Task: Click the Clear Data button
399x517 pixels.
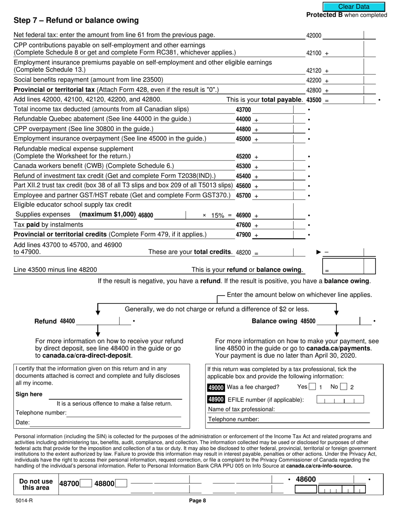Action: [x=354, y=7]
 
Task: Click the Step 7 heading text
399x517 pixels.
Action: [x=76, y=21]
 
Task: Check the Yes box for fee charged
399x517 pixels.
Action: [x=312, y=387]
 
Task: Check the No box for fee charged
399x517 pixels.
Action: [x=344, y=387]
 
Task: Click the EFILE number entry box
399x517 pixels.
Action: [x=340, y=400]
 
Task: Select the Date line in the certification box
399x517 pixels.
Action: [x=105, y=422]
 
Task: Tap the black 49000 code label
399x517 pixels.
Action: [x=216, y=388]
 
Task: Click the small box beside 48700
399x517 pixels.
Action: [x=86, y=484]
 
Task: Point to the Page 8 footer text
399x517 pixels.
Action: [x=197, y=501]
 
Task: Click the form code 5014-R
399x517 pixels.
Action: [x=21, y=501]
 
